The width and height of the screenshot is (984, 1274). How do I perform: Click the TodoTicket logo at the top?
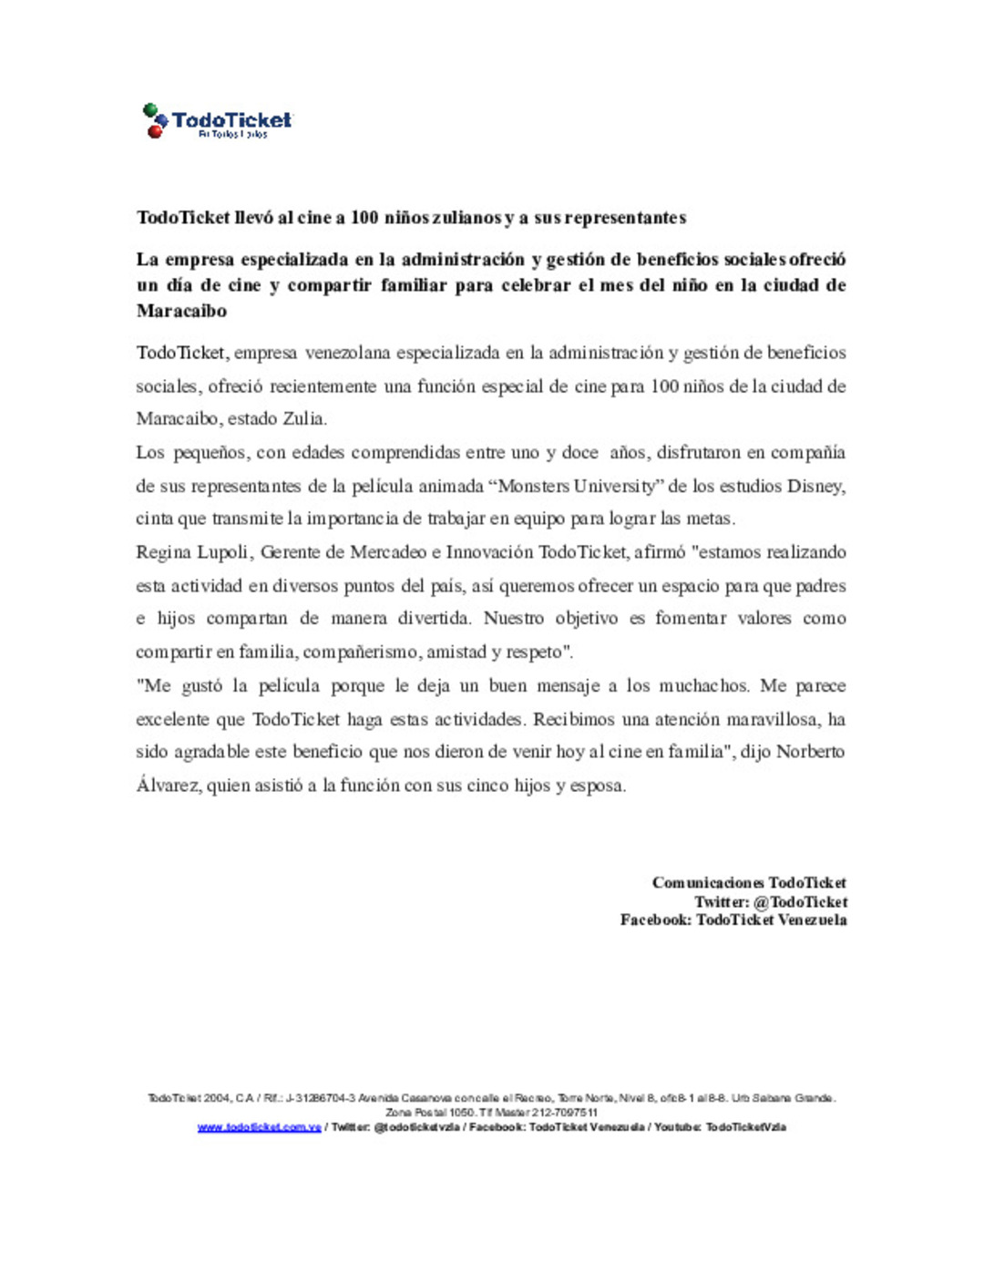(x=217, y=121)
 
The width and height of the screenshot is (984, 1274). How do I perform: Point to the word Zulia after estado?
(x=303, y=419)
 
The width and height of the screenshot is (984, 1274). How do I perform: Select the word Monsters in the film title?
(x=533, y=487)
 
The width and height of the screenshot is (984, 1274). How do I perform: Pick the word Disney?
(x=815, y=487)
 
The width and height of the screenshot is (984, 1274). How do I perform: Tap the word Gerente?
(x=292, y=553)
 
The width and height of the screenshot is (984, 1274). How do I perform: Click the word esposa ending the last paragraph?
(x=597, y=786)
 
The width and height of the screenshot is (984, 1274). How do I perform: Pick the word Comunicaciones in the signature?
(x=708, y=883)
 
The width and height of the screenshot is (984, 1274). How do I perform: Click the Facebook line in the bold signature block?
(x=733, y=920)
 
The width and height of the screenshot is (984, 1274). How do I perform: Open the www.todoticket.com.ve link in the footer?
(x=260, y=1127)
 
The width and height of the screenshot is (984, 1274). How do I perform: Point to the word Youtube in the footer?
(x=677, y=1127)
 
